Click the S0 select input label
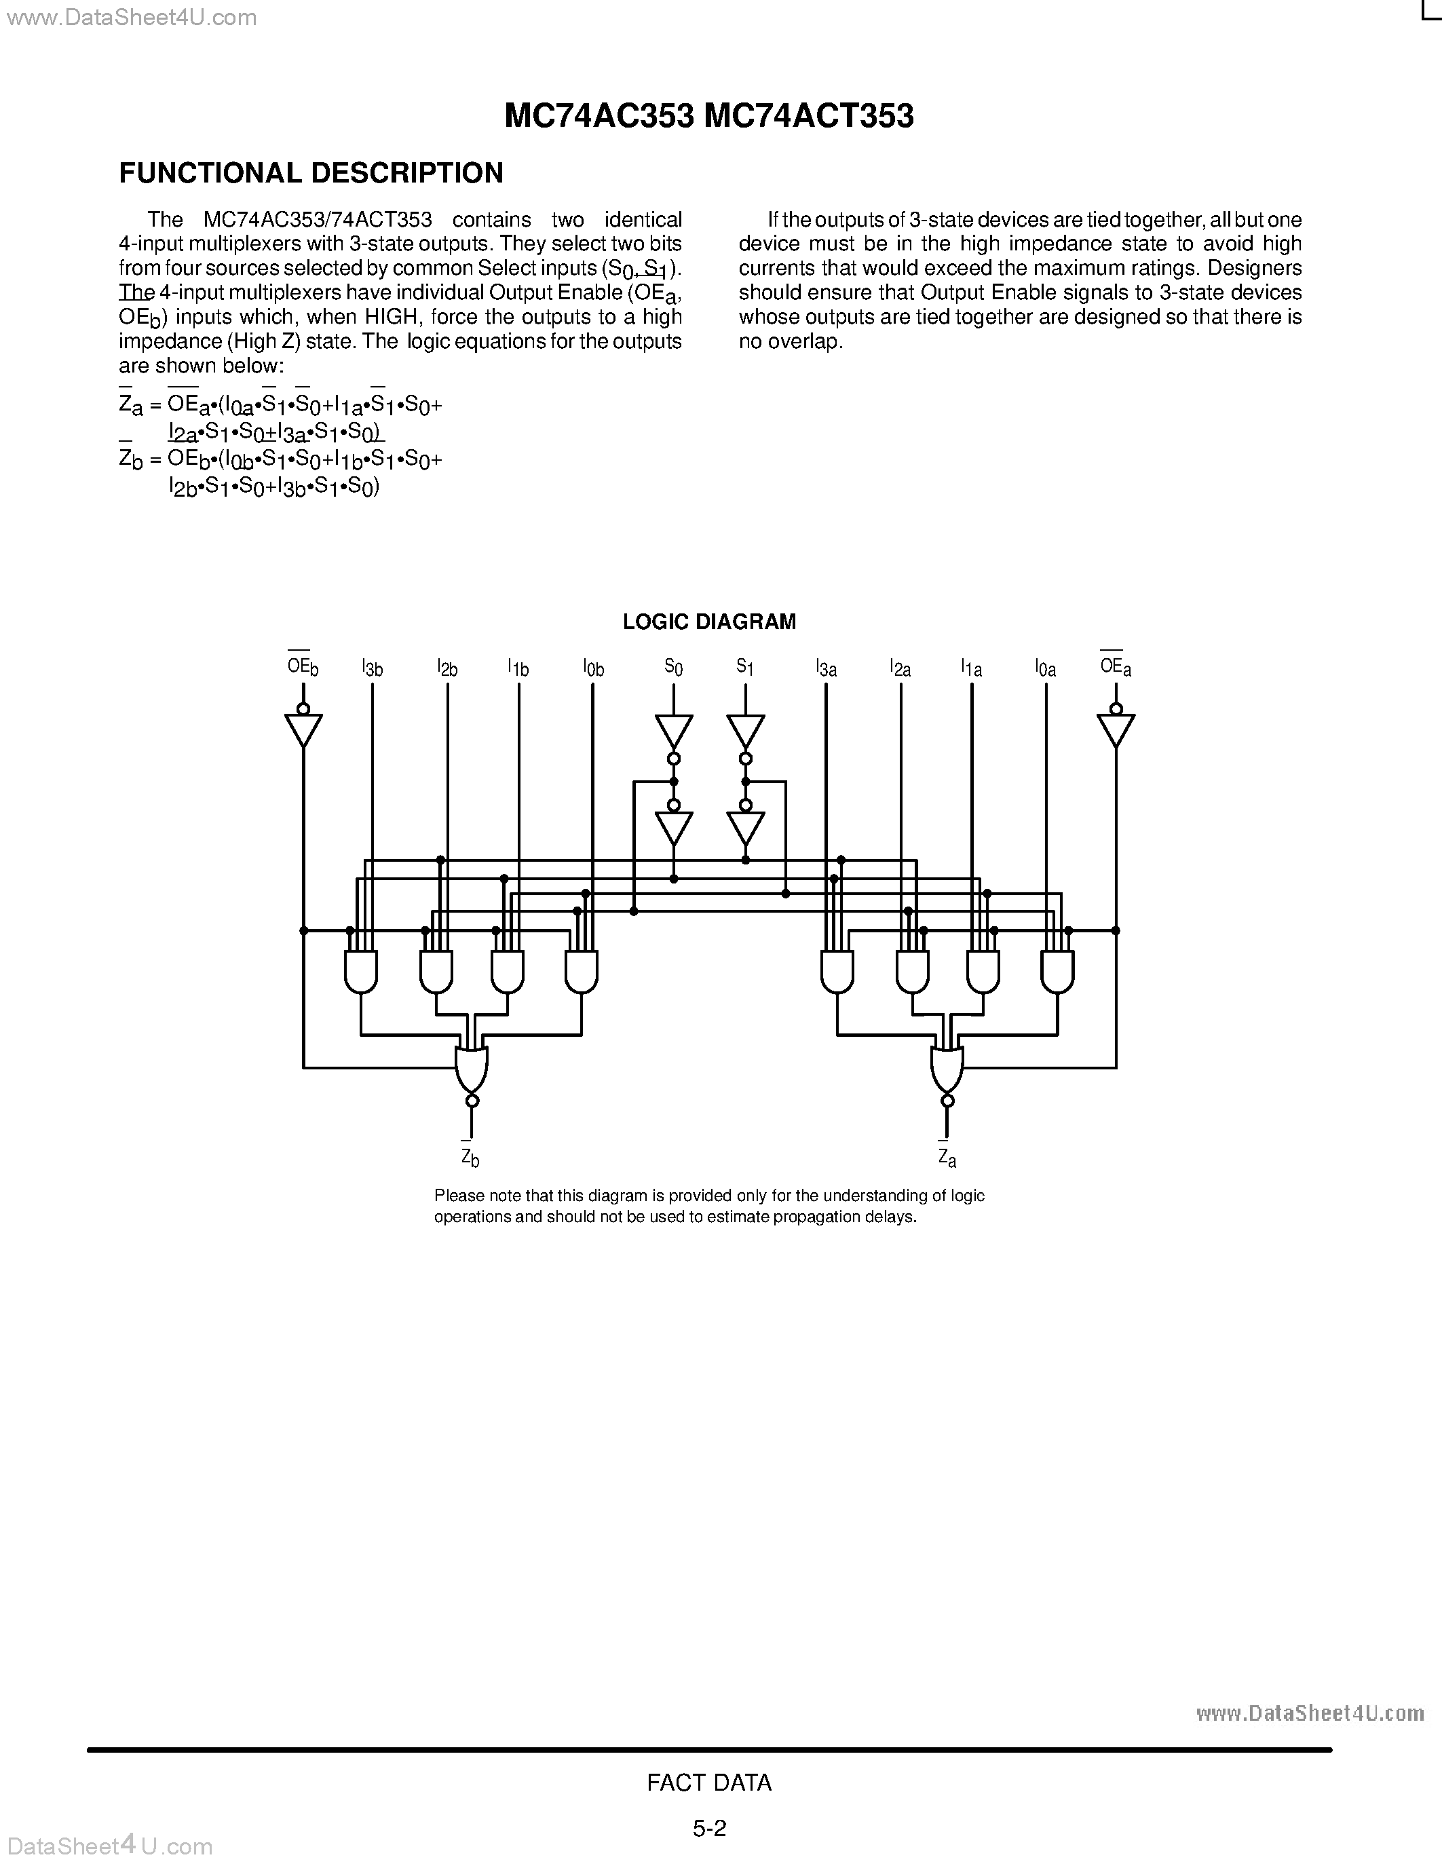pyautogui.click(x=673, y=667)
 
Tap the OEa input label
pyautogui.click(x=1115, y=666)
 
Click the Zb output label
pyautogui.click(x=470, y=1157)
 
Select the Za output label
pyautogui.click(x=947, y=1158)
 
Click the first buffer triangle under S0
pyautogui.click(x=673, y=731)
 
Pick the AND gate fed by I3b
pyautogui.click(x=360, y=972)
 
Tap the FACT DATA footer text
pyautogui.click(x=709, y=1783)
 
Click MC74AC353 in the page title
pyautogui.click(x=598, y=116)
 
